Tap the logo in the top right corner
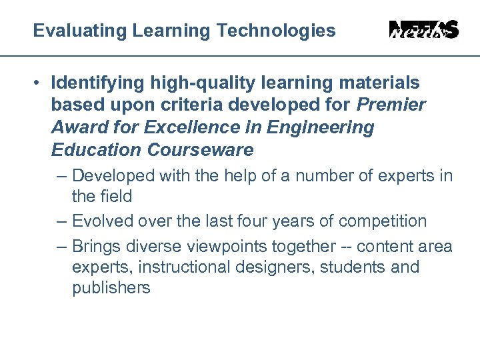point(423,30)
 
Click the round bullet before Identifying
point(40,83)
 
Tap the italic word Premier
point(391,105)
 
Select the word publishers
point(111,288)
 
